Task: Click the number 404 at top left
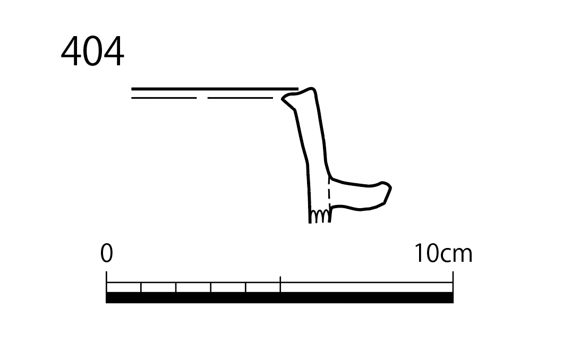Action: (x=92, y=52)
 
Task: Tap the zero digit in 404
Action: (x=92, y=52)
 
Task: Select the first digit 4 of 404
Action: (x=71, y=52)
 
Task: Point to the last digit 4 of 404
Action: (x=114, y=52)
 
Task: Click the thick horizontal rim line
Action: (x=215, y=89)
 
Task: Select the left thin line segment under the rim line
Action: (x=164, y=98)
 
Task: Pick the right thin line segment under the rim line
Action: (x=240, y=98)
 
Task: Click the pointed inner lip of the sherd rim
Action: (x=282, y=98)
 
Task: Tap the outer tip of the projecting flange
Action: (x=390, y=187)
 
